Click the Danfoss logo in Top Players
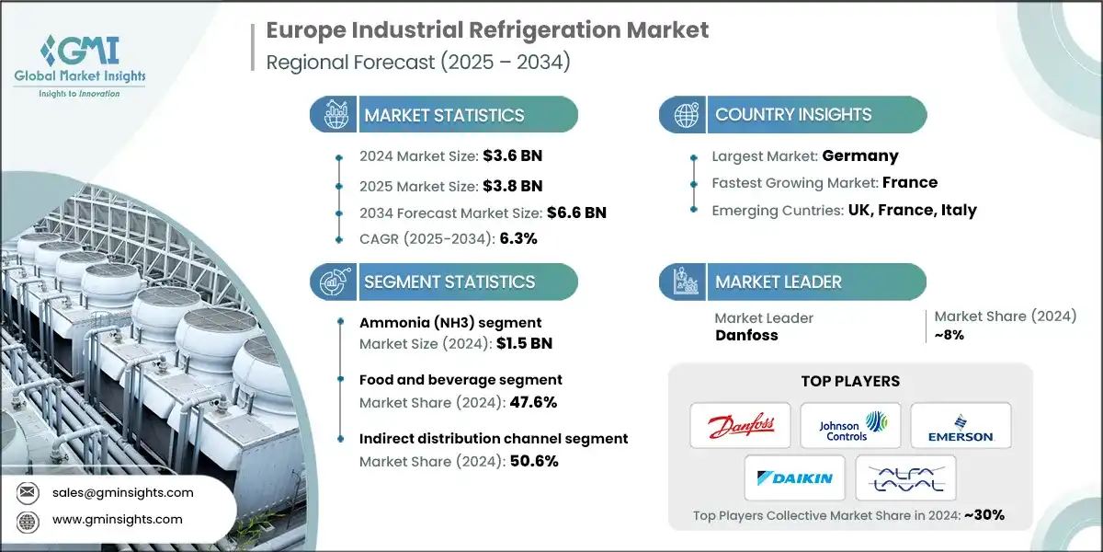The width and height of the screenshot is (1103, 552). [x=741, y=425]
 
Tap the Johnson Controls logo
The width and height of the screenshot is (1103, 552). [x=850, y=425]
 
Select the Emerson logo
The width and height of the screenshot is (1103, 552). [x=961, y=425]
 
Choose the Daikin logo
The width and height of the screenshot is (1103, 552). [x=795, y=477]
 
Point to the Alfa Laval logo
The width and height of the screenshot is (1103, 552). [x=905, y=477]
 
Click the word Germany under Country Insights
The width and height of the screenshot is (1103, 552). [x=860, y=155]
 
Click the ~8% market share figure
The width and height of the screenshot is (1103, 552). [x=949, y=335]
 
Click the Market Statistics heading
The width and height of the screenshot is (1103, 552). [x=444, y=115]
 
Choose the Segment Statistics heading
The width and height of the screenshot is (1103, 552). [x=449, y=282]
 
